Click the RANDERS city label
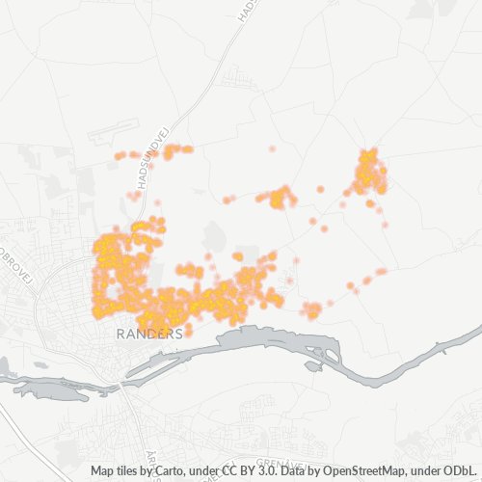(x=148, y=335)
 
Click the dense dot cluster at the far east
(x=369, y=174)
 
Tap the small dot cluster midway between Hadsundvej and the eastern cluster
(x=281, y=198)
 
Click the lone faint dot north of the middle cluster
(x=272, y=149)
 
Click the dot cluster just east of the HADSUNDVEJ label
(x=176, y=150)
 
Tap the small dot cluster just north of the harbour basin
(x=311, y=310)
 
